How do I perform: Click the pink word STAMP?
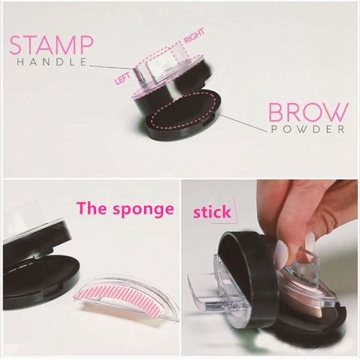52,45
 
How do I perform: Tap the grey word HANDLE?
52,62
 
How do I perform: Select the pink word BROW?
308,113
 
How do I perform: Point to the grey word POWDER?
308,129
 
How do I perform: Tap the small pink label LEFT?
122,78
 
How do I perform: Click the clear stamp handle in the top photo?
161,69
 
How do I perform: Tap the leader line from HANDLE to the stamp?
111,67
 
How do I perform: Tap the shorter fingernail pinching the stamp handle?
310,239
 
